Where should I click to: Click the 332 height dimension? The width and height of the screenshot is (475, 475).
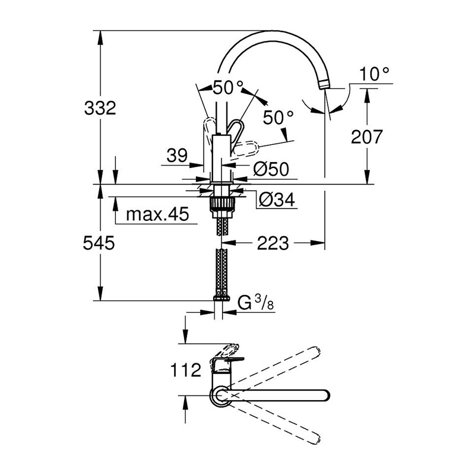(100, 108)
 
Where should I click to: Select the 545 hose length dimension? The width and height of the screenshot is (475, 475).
(99, 243)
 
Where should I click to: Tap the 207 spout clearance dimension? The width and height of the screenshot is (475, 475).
(366, 137)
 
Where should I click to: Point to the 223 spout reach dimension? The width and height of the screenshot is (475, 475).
(273, 243)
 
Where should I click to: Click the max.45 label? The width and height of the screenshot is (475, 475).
(157, 214)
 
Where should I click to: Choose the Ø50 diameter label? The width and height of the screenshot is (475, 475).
(271, 169)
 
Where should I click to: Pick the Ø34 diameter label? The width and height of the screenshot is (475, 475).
(277, 199)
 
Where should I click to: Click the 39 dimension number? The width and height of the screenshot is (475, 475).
(177, 156)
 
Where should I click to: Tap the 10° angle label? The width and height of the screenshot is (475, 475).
(374, 74)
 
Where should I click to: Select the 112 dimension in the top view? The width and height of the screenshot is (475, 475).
(186, 370)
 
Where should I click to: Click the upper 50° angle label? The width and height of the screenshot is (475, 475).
(228, 87)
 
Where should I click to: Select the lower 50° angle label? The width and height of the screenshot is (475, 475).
(278, 118)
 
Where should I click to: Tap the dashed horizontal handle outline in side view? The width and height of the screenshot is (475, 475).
(246, 150)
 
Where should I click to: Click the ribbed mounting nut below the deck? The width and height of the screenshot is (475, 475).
(221, 204)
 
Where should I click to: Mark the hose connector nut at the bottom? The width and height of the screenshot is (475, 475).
(221, 298)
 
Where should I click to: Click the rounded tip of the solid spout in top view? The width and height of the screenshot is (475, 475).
(326, 395)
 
